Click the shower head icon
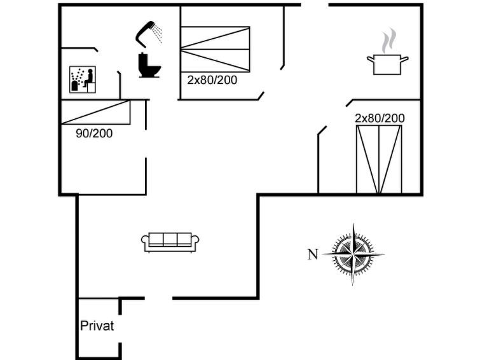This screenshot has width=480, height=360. [149, 34]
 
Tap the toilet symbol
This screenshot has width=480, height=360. [149, 65]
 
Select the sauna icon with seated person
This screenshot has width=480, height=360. [83, 80]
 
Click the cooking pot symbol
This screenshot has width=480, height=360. [388, 64]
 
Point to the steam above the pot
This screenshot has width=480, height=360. [388, 41]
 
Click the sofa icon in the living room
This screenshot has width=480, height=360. [170, 242]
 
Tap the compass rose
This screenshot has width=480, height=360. [353, 254]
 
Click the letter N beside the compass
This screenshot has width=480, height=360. [313, 254]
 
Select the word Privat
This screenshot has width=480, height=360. [97, 326]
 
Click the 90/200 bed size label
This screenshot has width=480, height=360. [94, 134]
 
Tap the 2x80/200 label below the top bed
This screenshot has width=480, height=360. [212, 80]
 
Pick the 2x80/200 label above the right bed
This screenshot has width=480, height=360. [380, 118]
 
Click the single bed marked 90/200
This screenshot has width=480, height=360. [96, 112]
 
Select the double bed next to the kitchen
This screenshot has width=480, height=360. [379, 159]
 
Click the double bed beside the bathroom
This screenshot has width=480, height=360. [215, 50]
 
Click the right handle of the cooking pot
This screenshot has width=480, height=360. [405, 59]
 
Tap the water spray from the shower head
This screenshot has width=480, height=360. [158, 33]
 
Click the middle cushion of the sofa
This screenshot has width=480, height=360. [170, 239]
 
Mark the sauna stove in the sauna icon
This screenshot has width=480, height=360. [74, 86]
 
